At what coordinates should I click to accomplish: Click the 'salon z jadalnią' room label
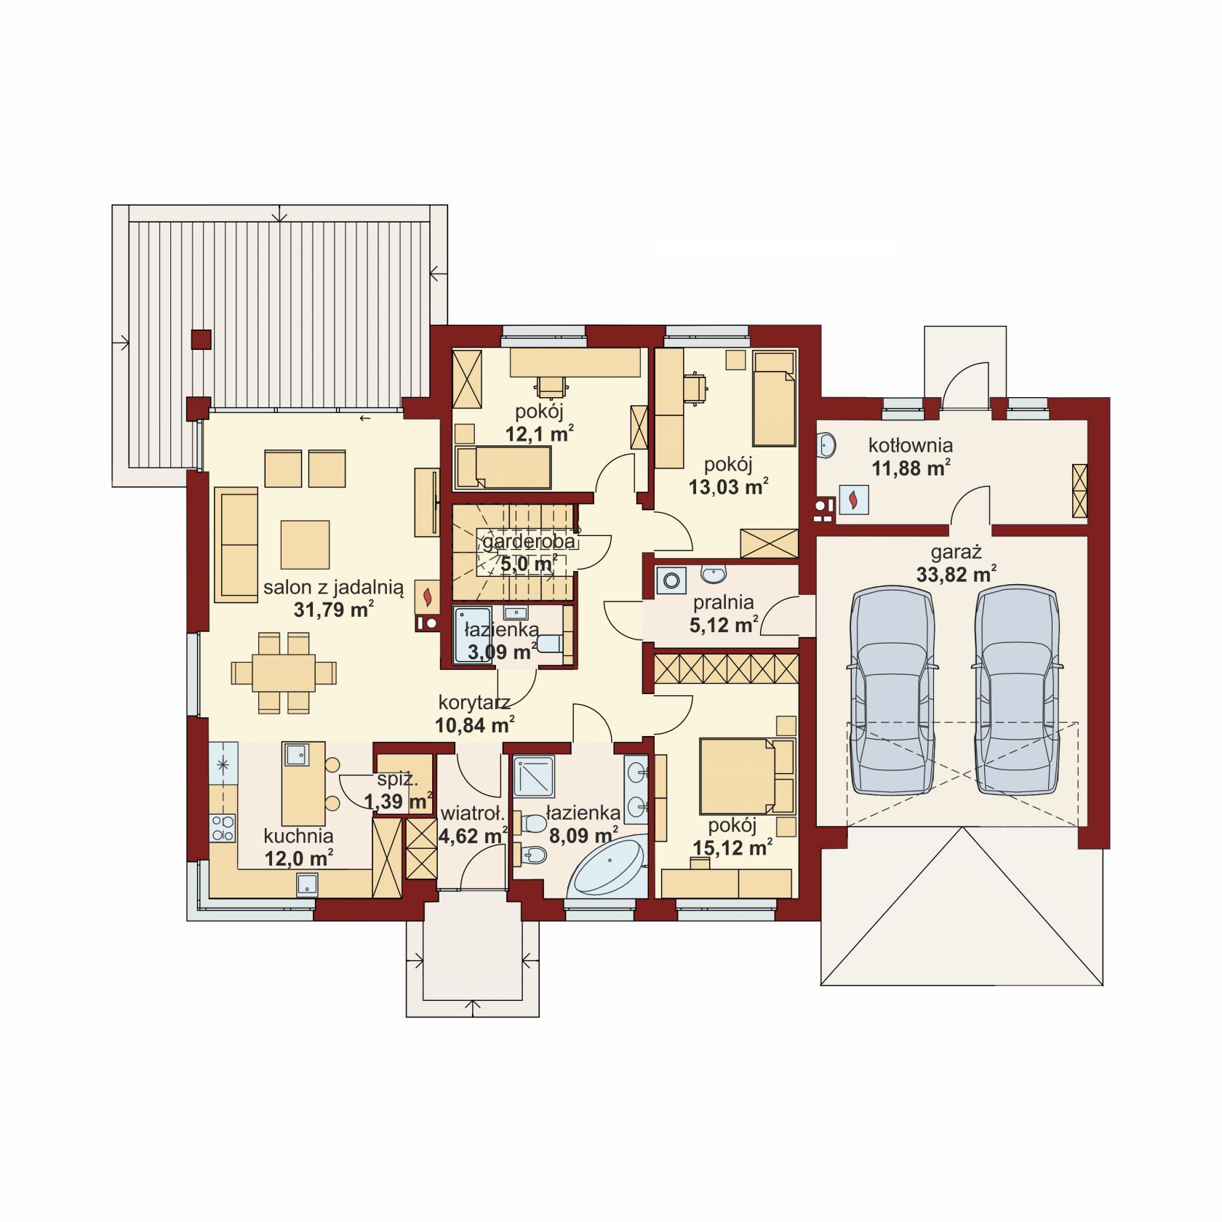pyautogui.click(x=333, y=588)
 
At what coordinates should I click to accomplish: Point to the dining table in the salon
pyautogui.click(x=284, y=672)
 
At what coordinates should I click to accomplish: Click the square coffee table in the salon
pyautogui.click(x=305, y=544)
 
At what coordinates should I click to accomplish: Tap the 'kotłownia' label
pyautogui.click(x=910, y=445)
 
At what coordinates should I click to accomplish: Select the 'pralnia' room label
pyautogui.click(x=723, y=602)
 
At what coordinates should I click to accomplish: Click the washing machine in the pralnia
pyautogui.click(x=671, y=580)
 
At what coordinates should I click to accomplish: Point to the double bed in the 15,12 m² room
pyautogui.click(x=746, y=776)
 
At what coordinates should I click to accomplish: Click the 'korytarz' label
pyautogui.click(x=474, y=703)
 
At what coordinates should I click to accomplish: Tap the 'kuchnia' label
pyautogui.click(x=298, y=836)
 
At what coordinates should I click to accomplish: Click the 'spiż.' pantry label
pyautogui.click(x=397, y=780)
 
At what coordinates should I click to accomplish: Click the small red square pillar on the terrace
pyautogui.click(x=201, y=340)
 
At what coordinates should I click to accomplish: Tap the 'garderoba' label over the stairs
pyautogui.click(x=529, y=542)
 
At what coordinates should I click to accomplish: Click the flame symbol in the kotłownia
pyautogui.click(x=853, y=500)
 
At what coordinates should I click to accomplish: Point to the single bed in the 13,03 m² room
pyautogui.click(x=774, y=399)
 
